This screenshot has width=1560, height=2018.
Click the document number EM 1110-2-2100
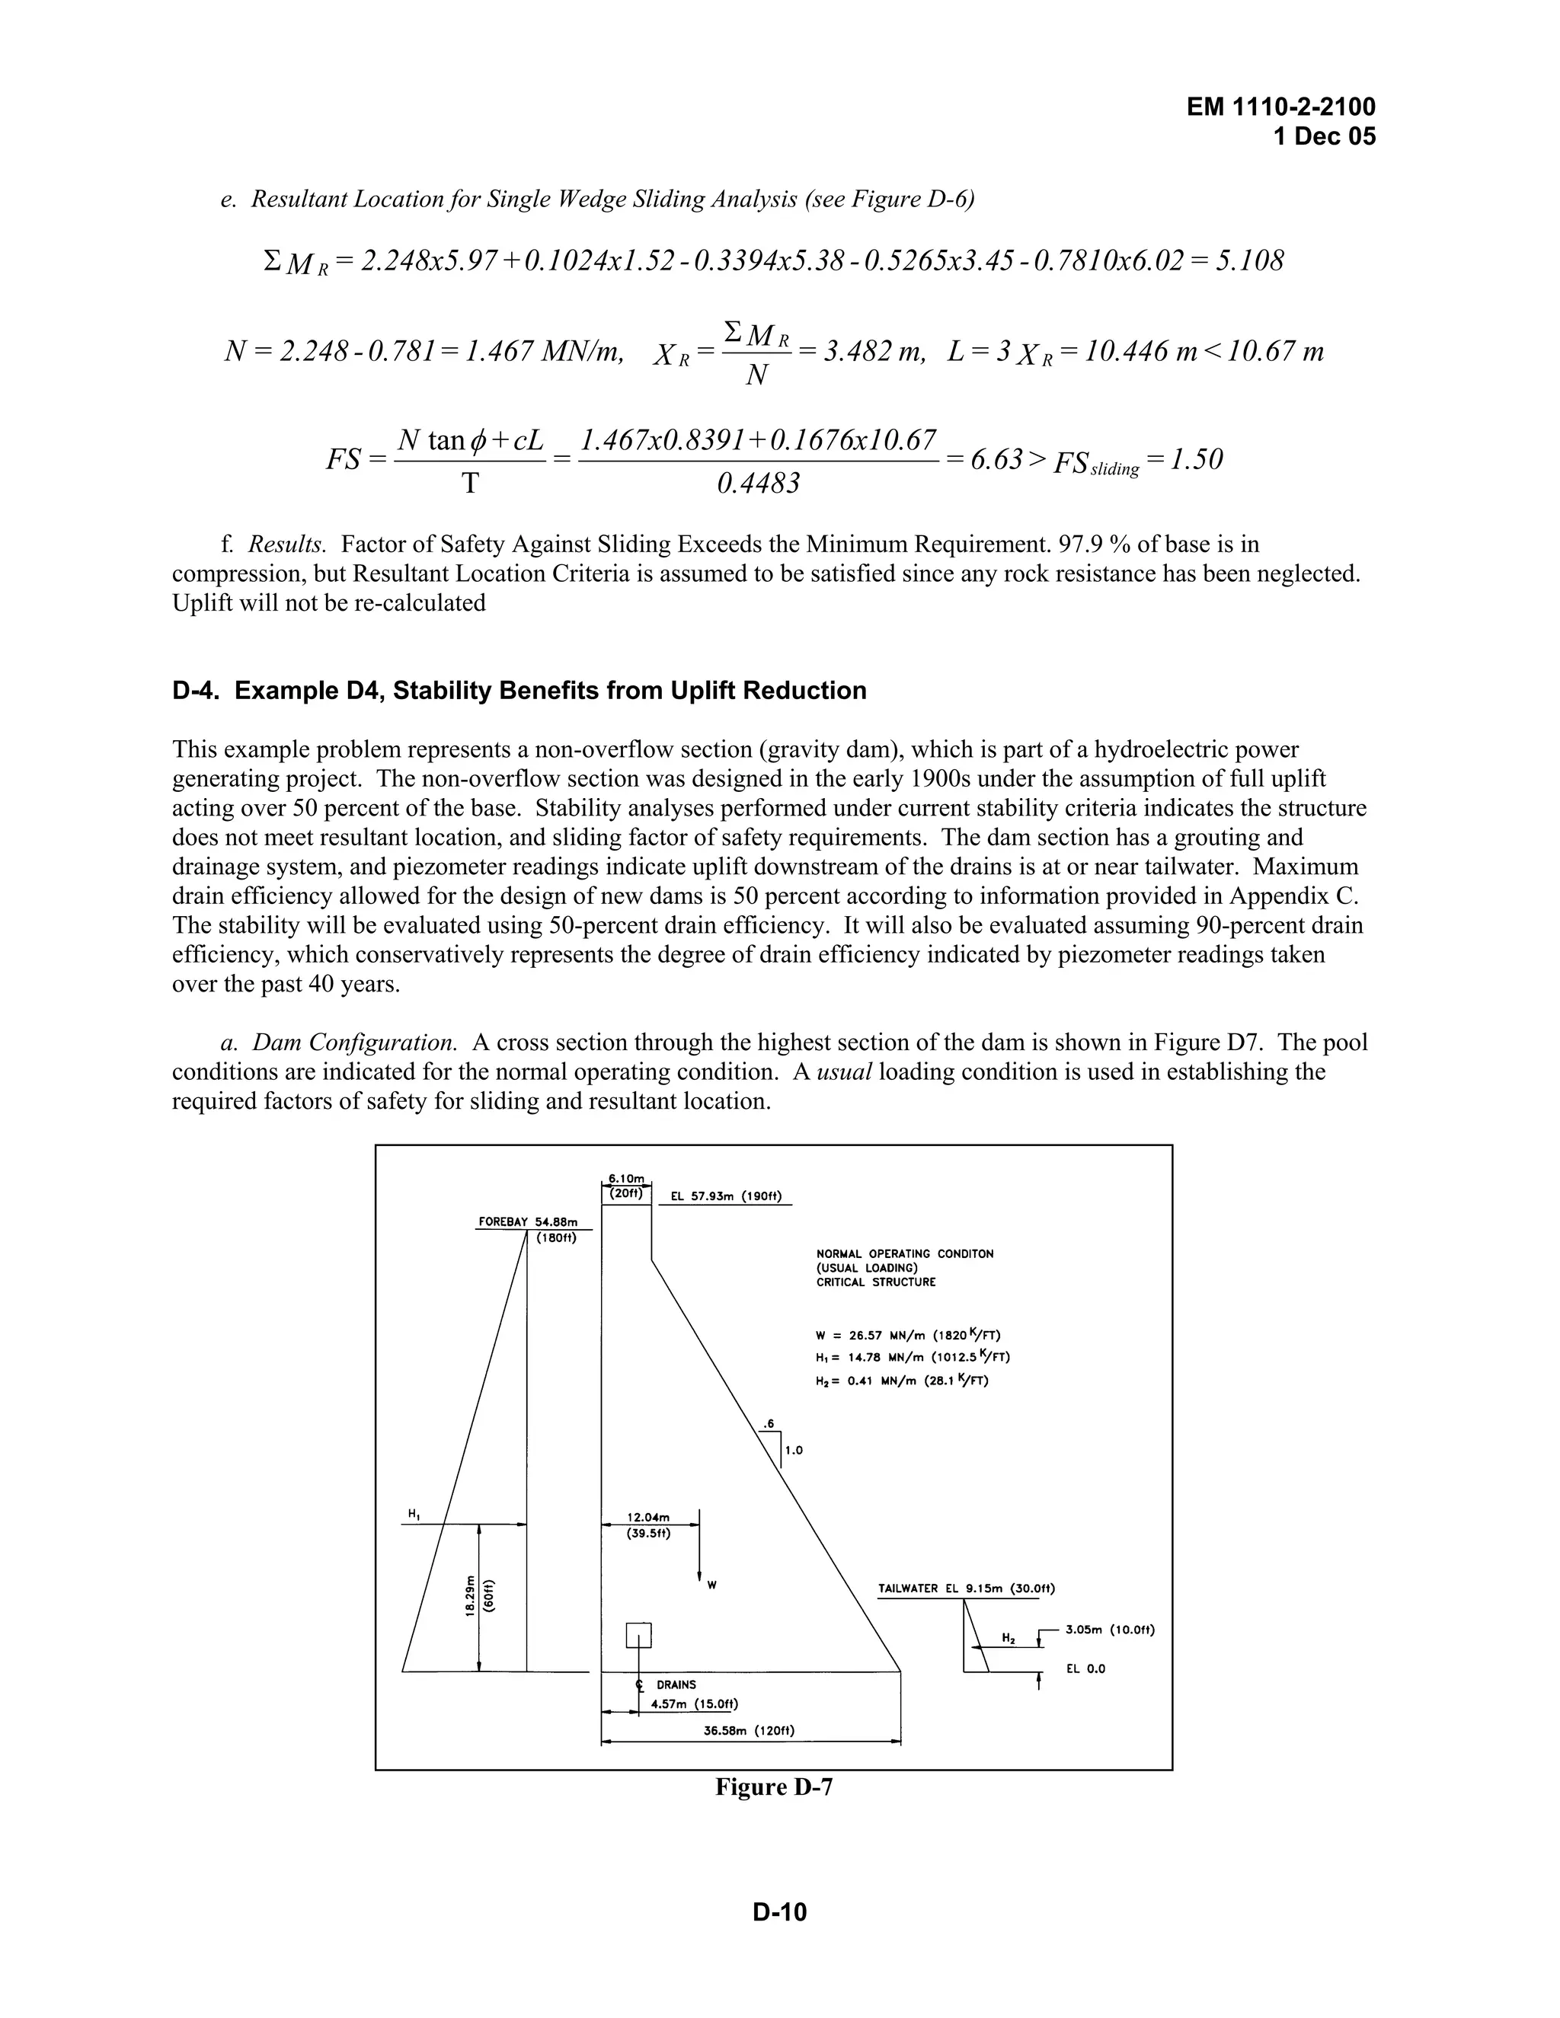[1281, 107]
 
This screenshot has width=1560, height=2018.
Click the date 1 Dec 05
[1323, 137]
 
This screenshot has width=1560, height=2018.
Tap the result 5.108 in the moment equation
[1249, 261]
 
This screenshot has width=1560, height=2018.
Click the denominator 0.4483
[758, 484]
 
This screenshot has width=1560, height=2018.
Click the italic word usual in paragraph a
[845, 1072]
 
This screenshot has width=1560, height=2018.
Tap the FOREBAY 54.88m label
[528, 1221]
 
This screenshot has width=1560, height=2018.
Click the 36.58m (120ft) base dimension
[749, 1731]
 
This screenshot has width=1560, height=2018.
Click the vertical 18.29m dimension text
[471, 1595]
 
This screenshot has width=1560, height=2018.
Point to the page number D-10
[779, 1911]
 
